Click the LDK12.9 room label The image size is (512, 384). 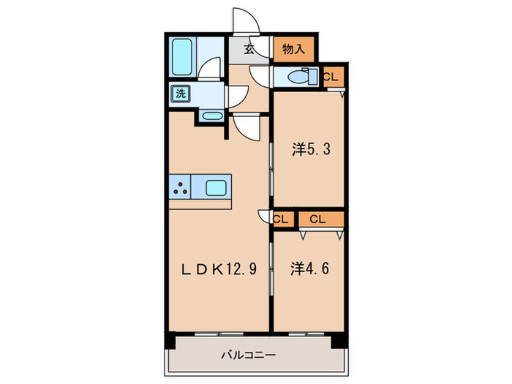pyautogui.click(x=219, y=269)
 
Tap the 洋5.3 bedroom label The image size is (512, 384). pyautogui.click(x=311, y=149)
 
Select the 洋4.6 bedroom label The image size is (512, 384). pyautogui.click(x=310, y=268)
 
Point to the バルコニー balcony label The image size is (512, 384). pyautogui.click(x=249, y=355)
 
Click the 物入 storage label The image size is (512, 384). pyautogui.click(x=293, y=49)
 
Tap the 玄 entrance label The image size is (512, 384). pyautogui.click(x=249, y=49)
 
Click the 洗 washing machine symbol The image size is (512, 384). pyautogui.click(x=180, y=94)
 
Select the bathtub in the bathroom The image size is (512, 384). pyautogui.click(x=182, y=57)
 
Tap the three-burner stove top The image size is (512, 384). pyautogui.click(x=180, y=187)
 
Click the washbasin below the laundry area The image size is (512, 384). pyautogui.click(x=212, y=116)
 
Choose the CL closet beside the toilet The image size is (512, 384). pyautogui.click(x=334, y=78)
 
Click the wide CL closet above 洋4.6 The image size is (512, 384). pyautogui.click(x=321, y=219)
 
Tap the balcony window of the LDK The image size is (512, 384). pyautogui.click(x=219, y=334)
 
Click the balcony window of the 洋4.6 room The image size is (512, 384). pyautogui.click(x=306, y=334)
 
